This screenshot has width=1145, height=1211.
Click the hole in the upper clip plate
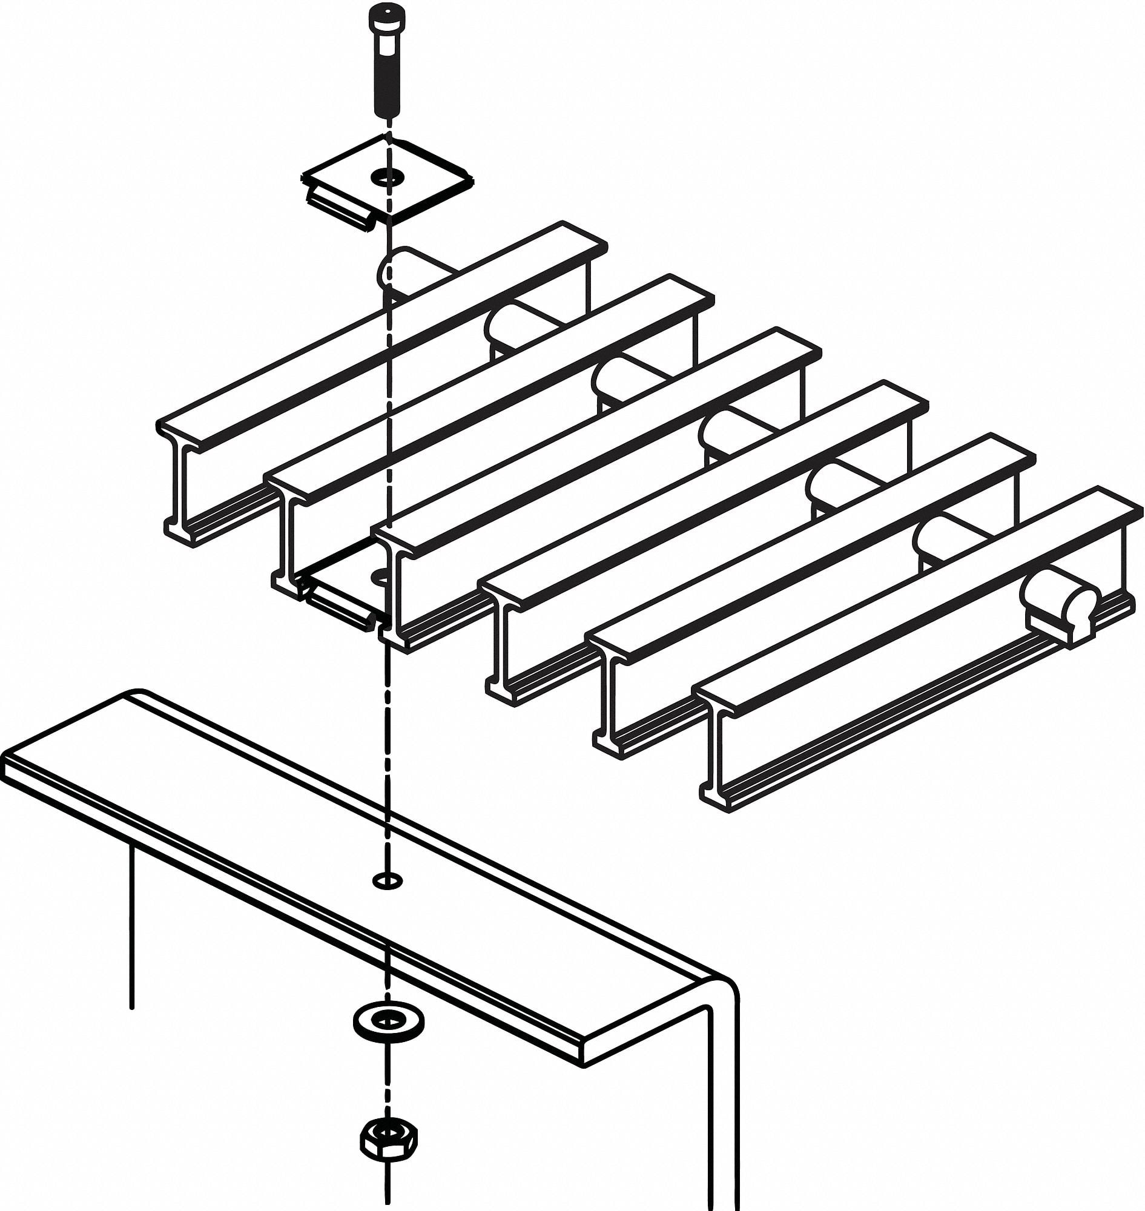[388, 177]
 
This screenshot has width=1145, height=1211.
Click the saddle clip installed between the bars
[345, 595]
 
